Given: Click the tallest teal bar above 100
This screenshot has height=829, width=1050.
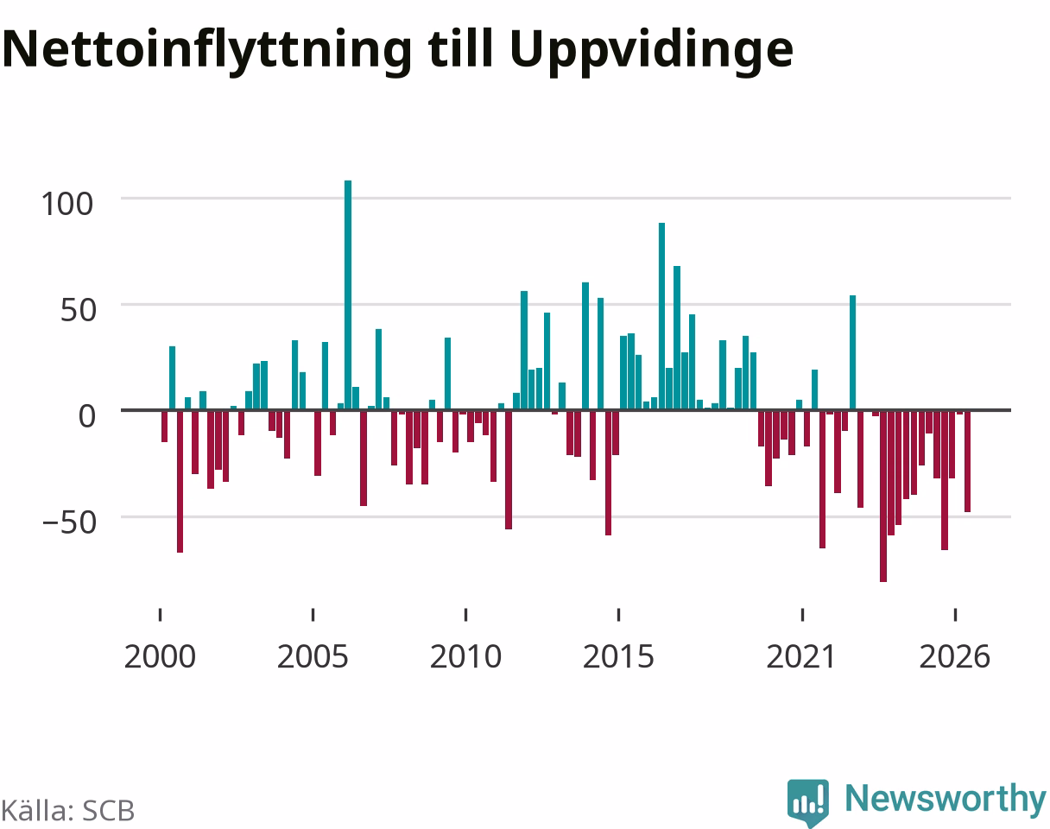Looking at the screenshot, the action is (348, 294).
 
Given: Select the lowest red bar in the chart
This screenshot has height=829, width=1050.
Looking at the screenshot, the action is (883, 497).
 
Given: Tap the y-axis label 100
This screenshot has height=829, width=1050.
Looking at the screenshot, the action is (67, 204).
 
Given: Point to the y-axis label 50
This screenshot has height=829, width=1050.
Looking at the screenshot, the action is (78, 310).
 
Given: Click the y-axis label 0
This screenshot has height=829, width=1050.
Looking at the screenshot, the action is (87, 416).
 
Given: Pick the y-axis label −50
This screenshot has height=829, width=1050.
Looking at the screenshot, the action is (70, 522).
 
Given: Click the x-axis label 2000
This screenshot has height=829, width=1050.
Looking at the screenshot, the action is (160, 657).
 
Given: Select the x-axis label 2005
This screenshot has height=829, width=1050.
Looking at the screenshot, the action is (313, 657).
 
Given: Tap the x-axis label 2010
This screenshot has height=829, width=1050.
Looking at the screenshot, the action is (466, 657).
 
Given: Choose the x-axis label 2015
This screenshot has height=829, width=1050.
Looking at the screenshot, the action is (618, 657).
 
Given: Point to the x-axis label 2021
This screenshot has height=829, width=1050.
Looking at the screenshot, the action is (802, 657).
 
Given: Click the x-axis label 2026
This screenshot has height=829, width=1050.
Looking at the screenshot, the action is (955, 657).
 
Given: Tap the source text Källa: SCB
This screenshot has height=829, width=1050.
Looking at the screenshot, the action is (68, 811).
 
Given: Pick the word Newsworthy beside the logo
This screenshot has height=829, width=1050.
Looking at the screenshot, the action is (946, 800).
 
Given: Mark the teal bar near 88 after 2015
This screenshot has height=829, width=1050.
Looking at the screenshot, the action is (661, 316).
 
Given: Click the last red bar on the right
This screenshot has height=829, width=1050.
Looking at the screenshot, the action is (968, 462).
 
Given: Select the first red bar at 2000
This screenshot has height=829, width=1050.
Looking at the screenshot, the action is (164, 427).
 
